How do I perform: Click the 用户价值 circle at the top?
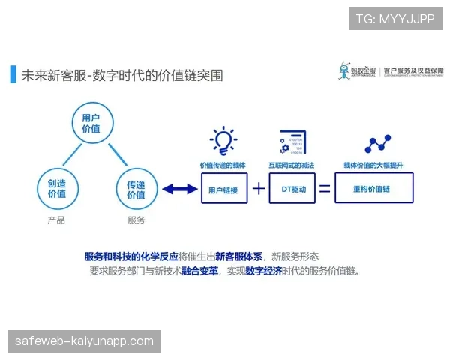click(91, 124)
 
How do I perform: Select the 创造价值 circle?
click(57, 188)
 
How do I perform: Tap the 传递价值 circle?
click(136, 188)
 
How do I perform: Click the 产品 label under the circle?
click(56, 220)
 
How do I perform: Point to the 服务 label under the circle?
click(136, 220)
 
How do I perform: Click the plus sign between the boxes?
click(258, 189)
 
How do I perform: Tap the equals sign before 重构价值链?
click(325, 189)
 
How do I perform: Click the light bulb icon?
click(223, 140)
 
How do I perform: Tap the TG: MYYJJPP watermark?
click(395, 18)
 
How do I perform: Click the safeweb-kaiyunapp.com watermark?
click(84, 341)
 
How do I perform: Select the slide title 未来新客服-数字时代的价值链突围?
click(121, 76)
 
